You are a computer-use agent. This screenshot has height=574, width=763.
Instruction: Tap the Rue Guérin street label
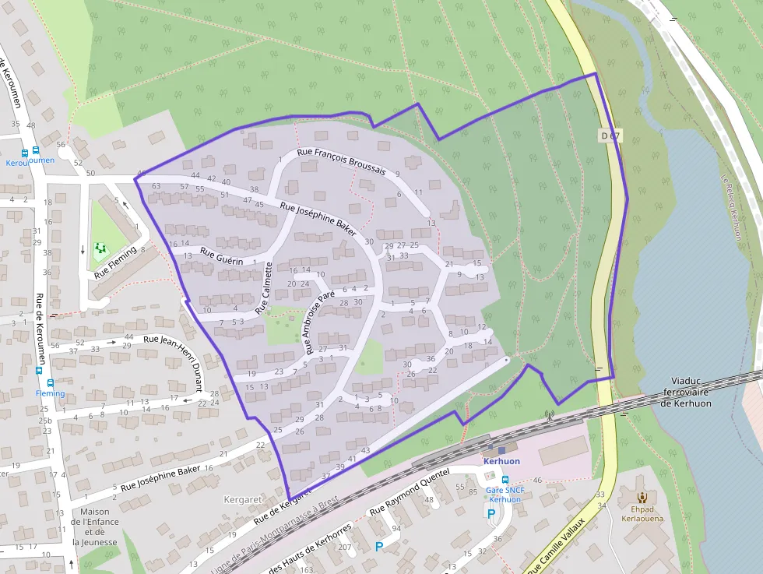[222, 255]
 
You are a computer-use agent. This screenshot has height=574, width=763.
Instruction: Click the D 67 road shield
[610, 136]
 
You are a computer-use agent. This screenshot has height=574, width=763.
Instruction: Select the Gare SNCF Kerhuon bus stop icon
[505, 481]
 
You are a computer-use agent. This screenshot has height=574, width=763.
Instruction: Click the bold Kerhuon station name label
[501, 461]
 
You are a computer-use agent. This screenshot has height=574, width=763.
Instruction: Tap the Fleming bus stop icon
[51, 383]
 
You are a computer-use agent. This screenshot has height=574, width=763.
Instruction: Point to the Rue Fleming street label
[114, 262]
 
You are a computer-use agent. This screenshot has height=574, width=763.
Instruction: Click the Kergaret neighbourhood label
[238, 498]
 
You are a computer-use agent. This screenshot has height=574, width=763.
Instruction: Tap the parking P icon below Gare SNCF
[490, 513]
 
